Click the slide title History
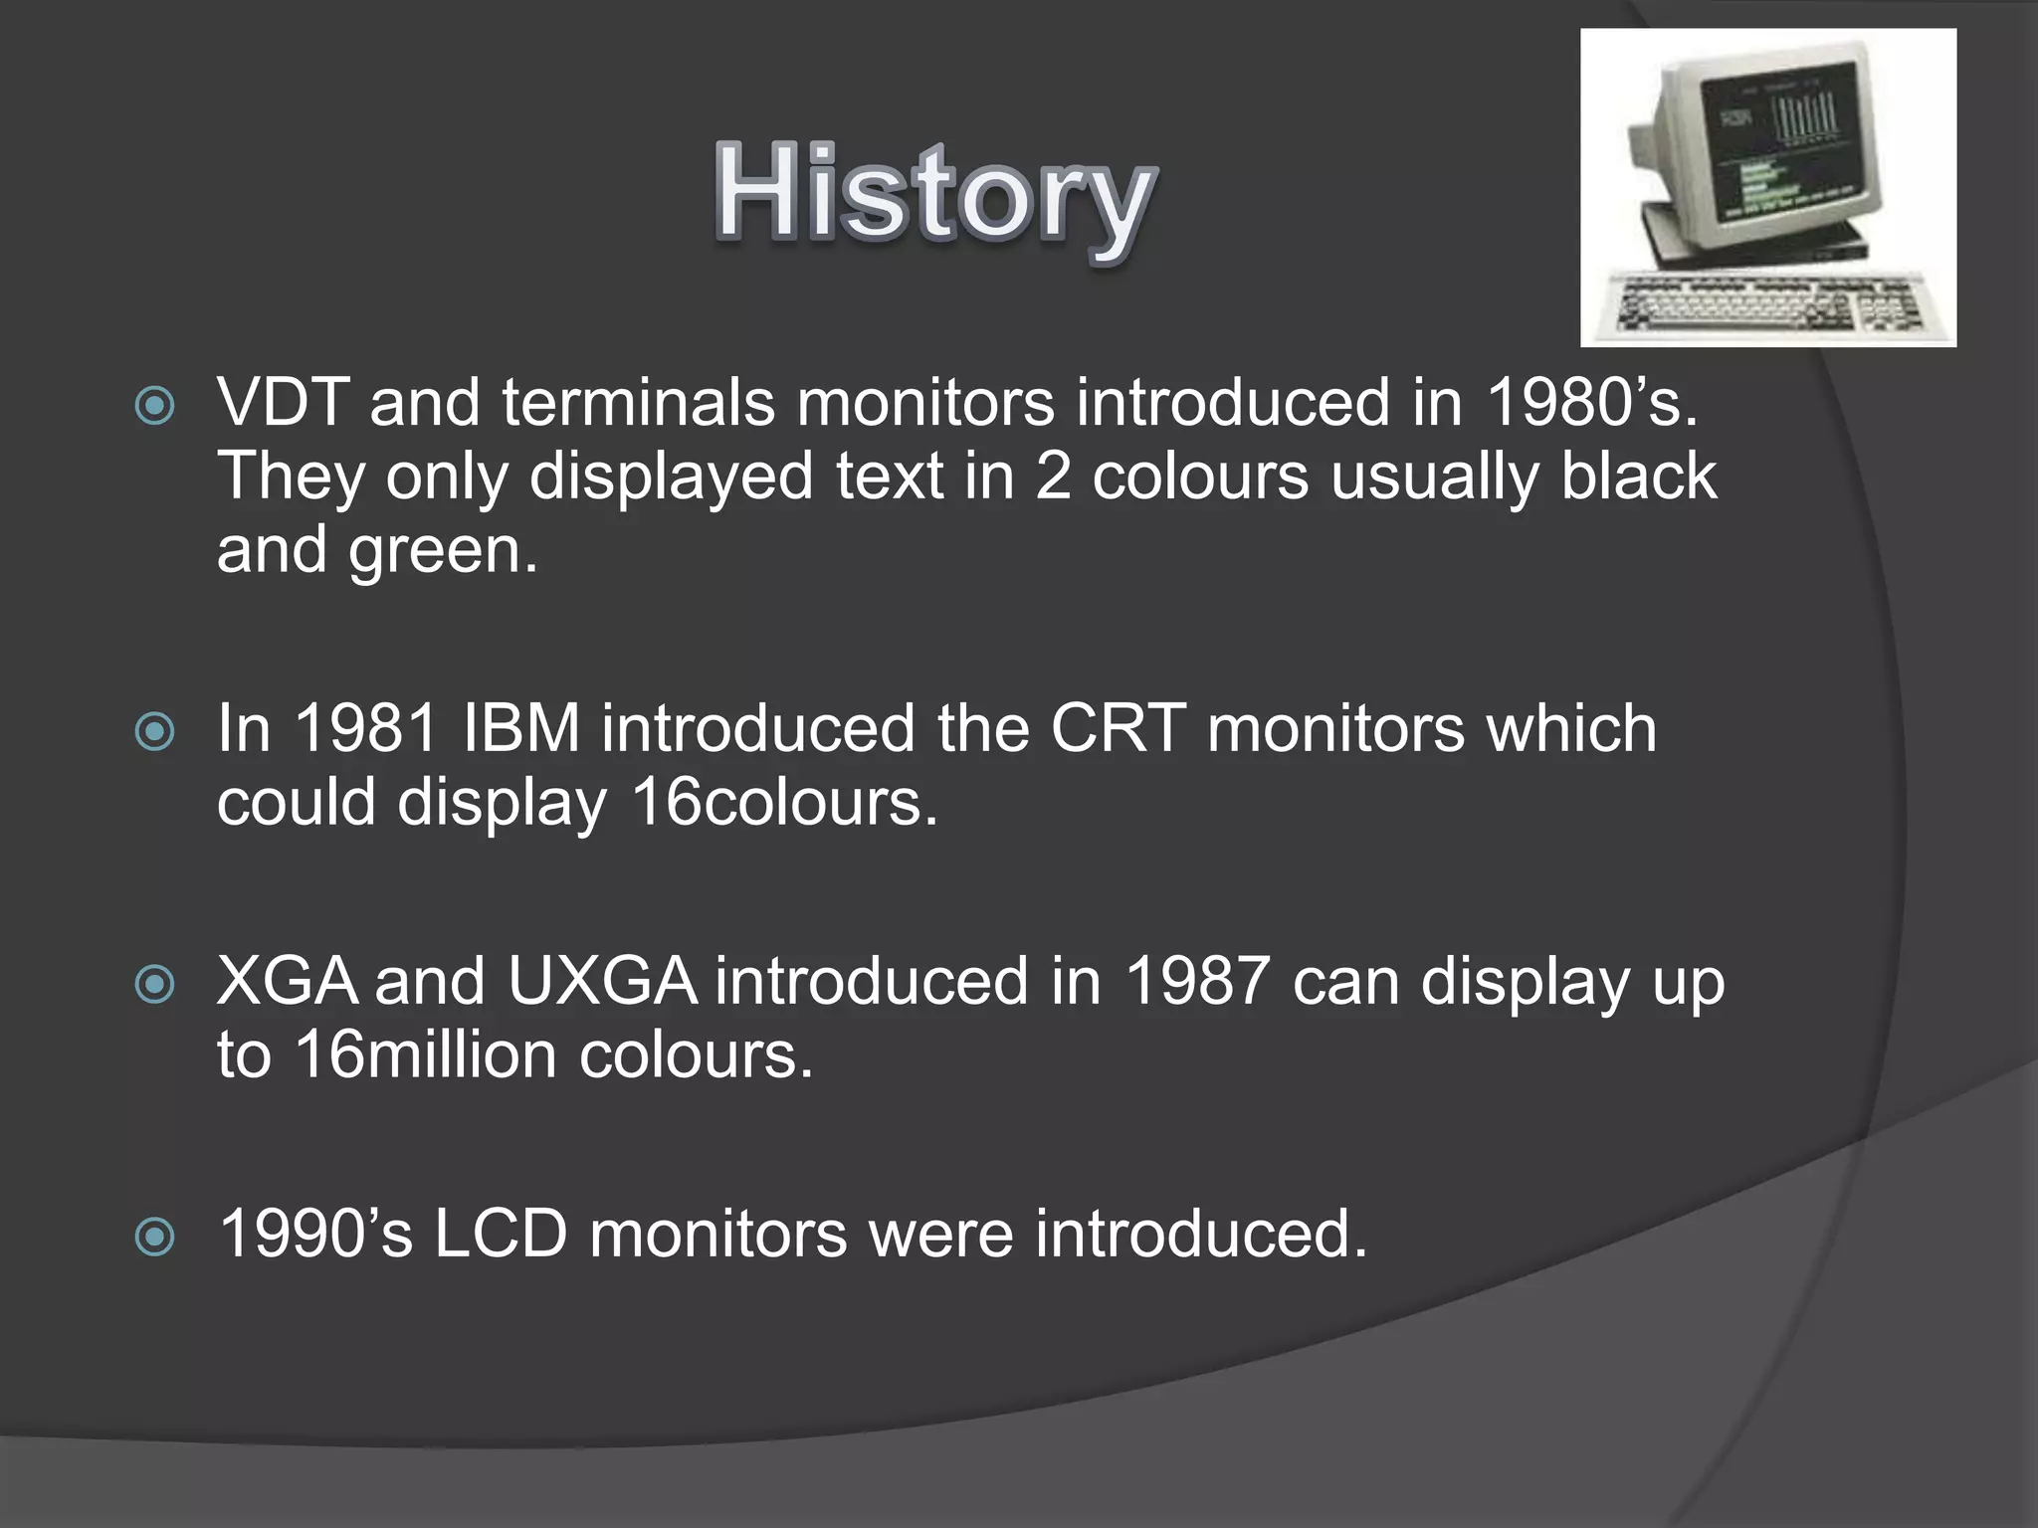(x=935, y=195)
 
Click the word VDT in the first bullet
(x=283, y=403)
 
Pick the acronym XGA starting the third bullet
(x=287, y=982)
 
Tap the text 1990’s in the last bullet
(x=314, y=1235)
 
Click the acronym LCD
(x=500, y=1235)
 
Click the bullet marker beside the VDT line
(x=155, y=406)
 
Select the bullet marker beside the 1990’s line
(x=155, y=1238)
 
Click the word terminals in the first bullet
(x=638, y=403)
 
